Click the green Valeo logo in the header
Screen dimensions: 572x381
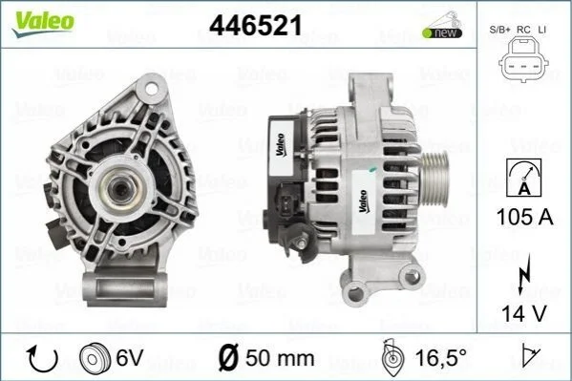[43, 23]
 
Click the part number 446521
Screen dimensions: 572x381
[256, 26]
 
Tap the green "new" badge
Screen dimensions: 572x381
[442, 32]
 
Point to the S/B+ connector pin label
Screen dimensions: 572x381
[499, 30]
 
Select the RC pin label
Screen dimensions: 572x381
[523, 30]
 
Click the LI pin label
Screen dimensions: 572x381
[542, 30]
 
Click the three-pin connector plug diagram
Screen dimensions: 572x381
[523, 59]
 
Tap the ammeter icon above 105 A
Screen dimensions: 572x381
[524, 178]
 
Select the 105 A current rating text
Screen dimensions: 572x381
[524, 217]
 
